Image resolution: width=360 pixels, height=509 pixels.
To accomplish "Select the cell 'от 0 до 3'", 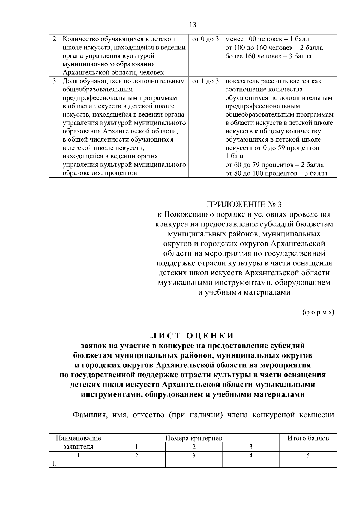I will pyautogui.click(x=205, y=39).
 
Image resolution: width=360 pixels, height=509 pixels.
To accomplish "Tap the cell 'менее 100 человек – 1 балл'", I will pyautogui.click(x=267, y=39).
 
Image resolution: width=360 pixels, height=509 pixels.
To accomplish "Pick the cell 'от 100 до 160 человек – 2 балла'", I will pyautogui.click(x=274, y=48).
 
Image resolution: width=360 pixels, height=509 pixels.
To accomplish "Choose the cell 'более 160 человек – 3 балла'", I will pyautogui.click(x=268, y=56).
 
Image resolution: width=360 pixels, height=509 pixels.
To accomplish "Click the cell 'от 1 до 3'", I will pyautogui.click(x=205, y=81).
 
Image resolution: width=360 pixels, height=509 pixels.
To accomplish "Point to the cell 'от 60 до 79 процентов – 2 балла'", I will pyautogui.click(x=274, y=165).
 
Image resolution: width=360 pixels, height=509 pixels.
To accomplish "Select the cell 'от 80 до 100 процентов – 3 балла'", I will pyautogui.click(x=276, y=173).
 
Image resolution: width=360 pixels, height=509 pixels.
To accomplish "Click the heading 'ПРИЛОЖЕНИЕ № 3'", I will pyautogui.click(x=244, y=205).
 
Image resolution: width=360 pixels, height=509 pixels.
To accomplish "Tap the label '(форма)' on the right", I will pyautogui.click(x=318, y=312).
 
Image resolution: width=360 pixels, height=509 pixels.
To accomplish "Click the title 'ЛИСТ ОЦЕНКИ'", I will pyautogui.click(x=192, y=336).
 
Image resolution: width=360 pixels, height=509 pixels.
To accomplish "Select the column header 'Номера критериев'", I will pyautogui.click(x=194, y=438).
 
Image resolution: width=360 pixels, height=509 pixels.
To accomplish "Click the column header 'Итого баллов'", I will pyautogui.click(x=308, y=438).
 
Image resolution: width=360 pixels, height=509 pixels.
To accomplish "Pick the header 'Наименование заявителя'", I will pyautogui.click(x=78, y=442).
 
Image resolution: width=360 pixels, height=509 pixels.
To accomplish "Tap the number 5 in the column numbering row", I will pyautogui.click(x=308, y=455).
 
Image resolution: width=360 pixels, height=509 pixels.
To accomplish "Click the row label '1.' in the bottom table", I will pyautogui.click(x=54, y=463).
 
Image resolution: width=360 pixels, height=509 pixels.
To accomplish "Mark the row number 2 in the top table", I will pyautogui.click(x=54, y=39).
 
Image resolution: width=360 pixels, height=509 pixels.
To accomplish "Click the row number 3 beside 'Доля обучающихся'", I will pyautogui.click(x=54, y=81).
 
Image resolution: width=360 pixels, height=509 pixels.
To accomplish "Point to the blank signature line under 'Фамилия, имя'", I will pyautogui.click(x=192, y=426).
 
